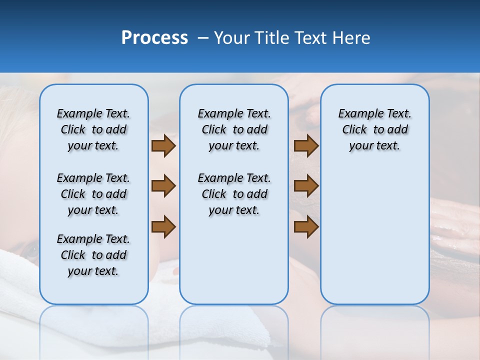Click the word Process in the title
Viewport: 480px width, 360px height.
pos(154,38)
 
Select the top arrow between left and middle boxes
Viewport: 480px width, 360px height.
pos(163,145)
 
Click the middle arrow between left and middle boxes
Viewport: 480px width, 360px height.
pos(163,186)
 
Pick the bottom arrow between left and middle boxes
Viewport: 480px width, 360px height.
pos(163,227)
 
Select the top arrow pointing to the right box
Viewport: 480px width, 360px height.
pos(306,145)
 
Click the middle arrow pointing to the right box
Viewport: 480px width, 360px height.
pos(306,186)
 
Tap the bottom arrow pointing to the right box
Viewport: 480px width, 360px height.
pos(306,227)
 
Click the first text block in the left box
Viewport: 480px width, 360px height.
pos(93,129)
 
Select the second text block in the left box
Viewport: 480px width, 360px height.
pos(93,194)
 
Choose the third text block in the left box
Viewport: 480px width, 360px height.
pos(93,255)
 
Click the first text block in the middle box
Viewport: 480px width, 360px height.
pos(234,129)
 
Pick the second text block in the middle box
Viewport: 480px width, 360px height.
pos(234,194)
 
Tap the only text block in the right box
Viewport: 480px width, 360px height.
pos(374,129)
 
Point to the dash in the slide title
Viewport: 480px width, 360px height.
pos(203,38)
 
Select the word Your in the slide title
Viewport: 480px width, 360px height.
pos(231,38)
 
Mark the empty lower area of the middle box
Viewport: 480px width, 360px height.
pos(234,260)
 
